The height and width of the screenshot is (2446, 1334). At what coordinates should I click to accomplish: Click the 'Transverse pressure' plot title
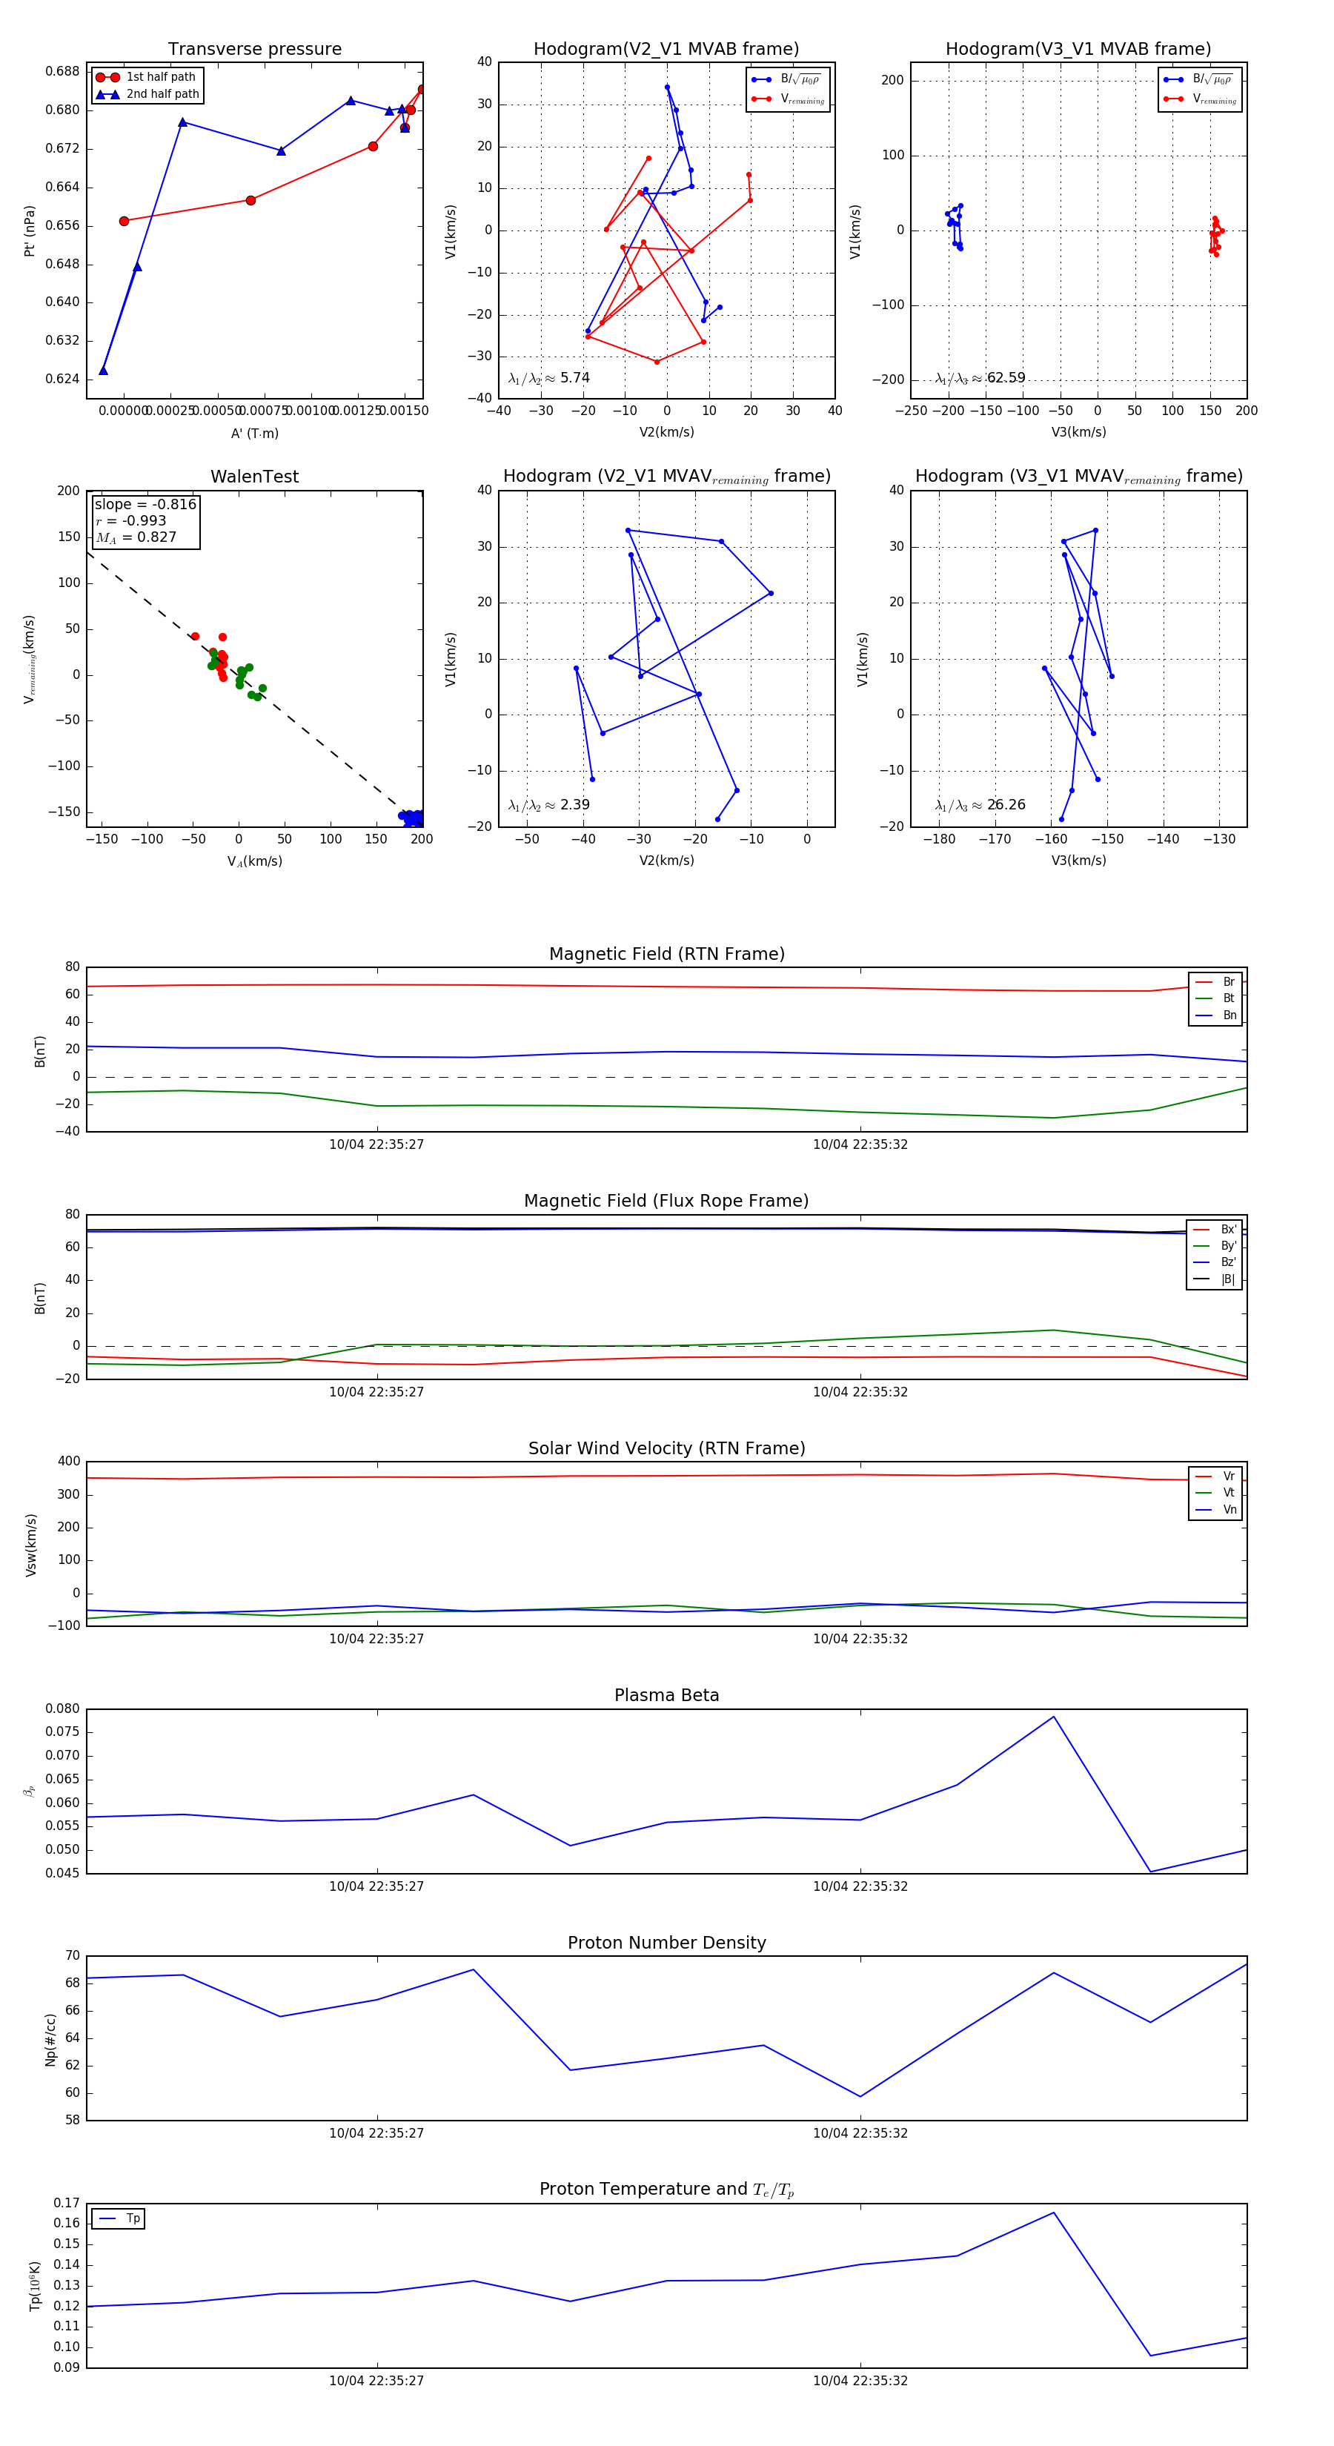click(254, 50)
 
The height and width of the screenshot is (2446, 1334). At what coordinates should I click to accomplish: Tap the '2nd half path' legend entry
click(162, 94)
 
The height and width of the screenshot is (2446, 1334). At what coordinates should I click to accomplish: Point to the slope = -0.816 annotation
click(145, 504)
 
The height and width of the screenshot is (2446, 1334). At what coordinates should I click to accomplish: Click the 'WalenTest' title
click(254, 477)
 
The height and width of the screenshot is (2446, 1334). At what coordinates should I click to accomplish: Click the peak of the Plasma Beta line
click(1053, 1717)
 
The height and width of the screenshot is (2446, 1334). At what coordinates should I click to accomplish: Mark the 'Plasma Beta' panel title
click(666, 1695)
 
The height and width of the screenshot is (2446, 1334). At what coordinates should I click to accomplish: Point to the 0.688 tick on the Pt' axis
click(63, 71)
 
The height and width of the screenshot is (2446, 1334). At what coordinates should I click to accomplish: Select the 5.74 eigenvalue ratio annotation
click(574, 378)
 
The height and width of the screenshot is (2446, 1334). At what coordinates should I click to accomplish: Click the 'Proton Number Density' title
click(666, 1943)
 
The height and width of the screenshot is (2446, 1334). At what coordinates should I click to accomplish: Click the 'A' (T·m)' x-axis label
click(254, 433)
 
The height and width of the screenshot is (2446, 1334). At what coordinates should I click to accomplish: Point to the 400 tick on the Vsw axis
click(68, 1462)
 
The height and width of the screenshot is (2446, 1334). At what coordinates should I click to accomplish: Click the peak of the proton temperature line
click(1053, 2213)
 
